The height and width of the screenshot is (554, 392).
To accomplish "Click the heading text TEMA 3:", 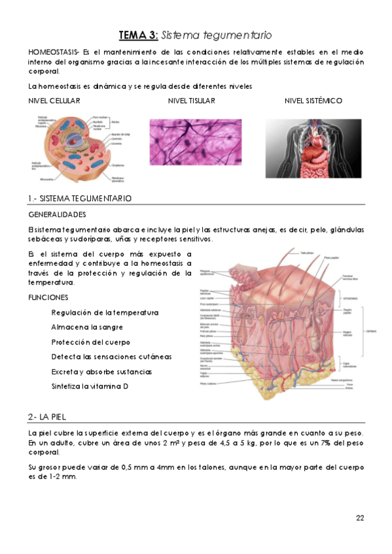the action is (x=138, y=35).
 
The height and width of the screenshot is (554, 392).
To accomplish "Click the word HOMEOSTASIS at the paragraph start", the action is (x=53, y=52).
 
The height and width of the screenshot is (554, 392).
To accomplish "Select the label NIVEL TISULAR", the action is (x=191, y=101).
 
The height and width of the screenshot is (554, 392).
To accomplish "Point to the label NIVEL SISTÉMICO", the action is (x=313, y=101).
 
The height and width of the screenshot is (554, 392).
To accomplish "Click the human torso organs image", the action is (x=314, y=148).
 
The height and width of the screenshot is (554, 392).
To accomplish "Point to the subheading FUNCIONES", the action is (x=48, y=297).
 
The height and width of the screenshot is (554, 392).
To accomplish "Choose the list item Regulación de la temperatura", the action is (x=105, y=313).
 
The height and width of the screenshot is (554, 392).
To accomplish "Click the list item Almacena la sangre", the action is (x=87, y=327).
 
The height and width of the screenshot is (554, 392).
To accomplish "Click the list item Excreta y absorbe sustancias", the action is (x=101, y=372).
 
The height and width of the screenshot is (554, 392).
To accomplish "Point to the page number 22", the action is (x=360, y=519).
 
